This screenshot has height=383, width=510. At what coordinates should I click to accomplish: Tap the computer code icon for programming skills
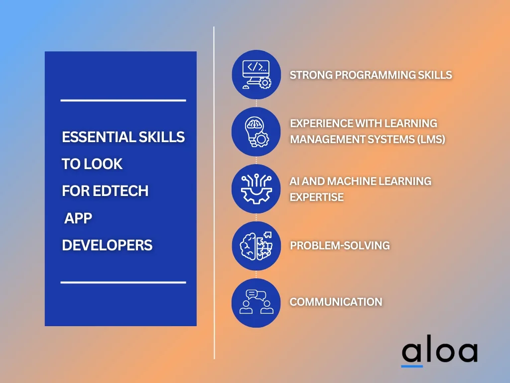[256, 74]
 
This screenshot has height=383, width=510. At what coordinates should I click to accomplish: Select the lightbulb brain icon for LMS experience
[256, 132]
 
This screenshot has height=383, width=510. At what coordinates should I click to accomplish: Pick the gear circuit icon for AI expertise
[256, 189]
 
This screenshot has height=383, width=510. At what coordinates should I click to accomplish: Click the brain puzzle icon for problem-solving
[256, 246]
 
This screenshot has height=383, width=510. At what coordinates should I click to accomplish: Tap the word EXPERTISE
[317, 197]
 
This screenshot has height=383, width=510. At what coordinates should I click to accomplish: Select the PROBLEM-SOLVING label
[340, 245]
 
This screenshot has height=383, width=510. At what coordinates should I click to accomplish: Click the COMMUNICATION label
[336, 302]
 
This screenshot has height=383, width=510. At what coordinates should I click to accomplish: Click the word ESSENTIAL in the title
[99, 137]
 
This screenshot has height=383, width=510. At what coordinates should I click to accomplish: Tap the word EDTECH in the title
[121, 191]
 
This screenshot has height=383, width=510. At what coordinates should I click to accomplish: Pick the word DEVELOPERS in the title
[107, 245]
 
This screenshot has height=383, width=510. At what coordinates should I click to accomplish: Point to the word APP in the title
[78, 218]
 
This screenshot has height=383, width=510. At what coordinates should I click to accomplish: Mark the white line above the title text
[124, 100]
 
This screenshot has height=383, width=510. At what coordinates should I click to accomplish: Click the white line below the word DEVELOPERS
[124, 282]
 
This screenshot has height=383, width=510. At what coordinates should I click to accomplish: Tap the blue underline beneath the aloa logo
[412, 367]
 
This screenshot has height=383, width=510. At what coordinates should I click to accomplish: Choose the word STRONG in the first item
[311, 75]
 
